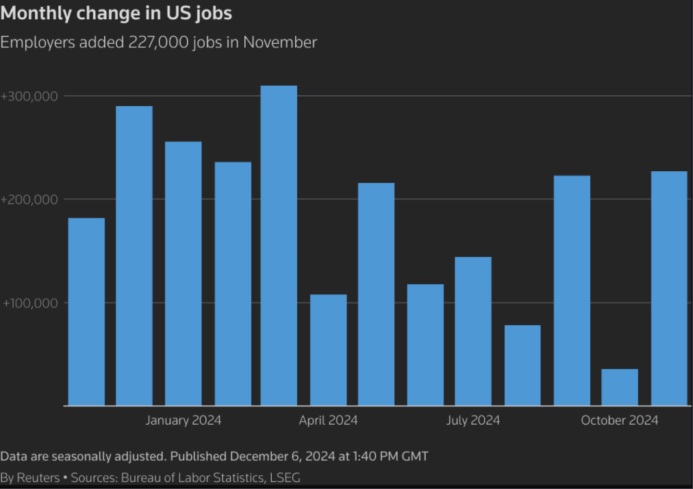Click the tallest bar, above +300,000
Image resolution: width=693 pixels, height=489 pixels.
point(279,245)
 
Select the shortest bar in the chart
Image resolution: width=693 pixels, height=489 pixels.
point(620,387)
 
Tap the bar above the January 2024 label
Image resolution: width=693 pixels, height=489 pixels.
point(184,273)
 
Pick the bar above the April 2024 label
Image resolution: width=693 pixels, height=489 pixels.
point(329,350)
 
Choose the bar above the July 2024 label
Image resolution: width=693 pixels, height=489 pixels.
point(473,331)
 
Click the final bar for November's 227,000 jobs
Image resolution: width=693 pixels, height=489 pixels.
point(669,288)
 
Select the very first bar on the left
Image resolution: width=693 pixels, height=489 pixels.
point(86,312)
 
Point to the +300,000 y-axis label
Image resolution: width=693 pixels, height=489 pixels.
point(29,97)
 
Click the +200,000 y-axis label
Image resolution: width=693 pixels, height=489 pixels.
point(29,200)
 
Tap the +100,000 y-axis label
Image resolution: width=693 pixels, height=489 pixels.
point(31,303)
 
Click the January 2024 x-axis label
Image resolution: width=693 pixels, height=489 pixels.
point(184,420)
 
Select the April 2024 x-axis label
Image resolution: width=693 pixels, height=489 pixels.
point(329,420)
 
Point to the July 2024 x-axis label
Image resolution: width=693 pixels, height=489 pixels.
point(473,420)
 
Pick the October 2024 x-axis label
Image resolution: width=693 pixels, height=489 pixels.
point(620,420)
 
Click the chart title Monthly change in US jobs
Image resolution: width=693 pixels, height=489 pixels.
point(116,13)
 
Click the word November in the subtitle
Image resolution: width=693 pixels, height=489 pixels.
point(280,42)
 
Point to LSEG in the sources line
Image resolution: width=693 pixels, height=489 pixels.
point(285,478)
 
